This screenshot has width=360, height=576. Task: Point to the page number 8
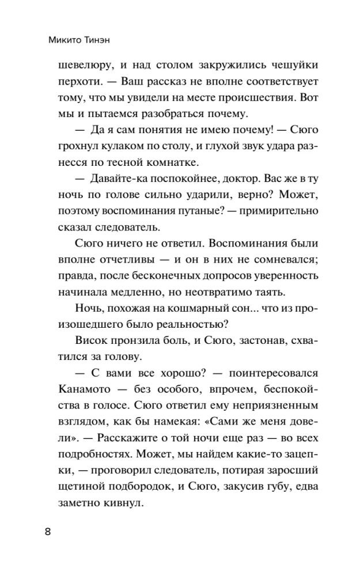[48, 532]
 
